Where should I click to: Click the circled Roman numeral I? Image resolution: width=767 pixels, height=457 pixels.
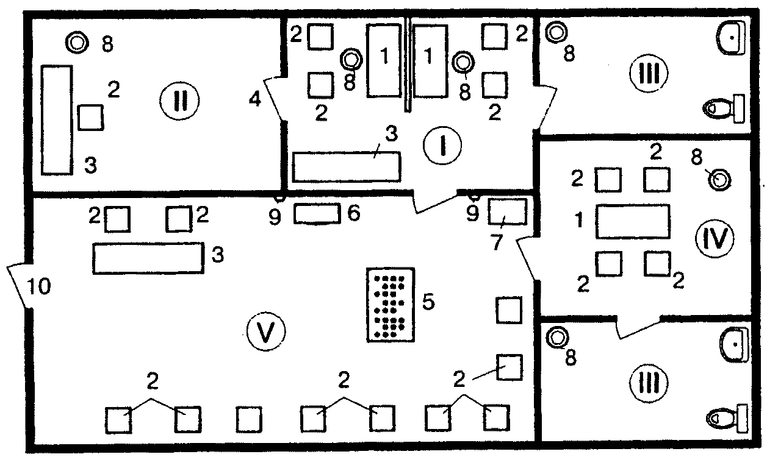(442, 146)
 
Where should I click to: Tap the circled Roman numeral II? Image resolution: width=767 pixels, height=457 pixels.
(179, 101)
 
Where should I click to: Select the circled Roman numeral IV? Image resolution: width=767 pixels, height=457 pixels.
(715, 238)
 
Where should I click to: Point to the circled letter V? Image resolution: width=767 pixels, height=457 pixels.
(266, 331)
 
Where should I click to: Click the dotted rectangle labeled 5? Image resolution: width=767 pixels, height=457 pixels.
(391, 305)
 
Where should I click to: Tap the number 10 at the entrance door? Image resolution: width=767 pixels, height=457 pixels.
(39, 286)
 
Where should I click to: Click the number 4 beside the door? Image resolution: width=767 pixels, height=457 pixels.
(255, 99)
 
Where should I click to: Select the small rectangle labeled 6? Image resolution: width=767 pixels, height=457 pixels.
(317, 214)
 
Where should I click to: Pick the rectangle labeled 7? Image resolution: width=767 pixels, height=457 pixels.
(507, 211)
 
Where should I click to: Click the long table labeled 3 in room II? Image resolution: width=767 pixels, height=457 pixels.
(57, 120)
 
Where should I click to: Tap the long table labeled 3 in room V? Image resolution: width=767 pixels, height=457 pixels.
(148, 258)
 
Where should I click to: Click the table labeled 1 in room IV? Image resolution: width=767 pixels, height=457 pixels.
(633, 222)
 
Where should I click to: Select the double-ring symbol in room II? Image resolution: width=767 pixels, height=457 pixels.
(77, 43)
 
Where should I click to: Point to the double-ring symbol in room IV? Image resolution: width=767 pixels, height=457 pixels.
(719, 180)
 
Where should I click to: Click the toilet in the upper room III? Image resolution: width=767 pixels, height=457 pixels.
(723, 108)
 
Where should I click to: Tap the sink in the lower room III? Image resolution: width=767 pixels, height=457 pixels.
(733, 344)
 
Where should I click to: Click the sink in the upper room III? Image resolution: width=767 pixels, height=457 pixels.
(731, 38)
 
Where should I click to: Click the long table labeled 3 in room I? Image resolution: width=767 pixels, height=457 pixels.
(347, 167)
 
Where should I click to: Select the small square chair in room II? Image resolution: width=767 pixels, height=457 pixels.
(90, 118)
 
